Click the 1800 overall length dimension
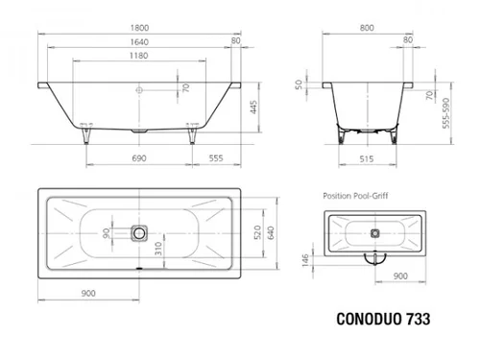[139, 28]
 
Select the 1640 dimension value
[139, 42]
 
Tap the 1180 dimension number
[138, 56]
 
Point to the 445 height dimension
[253, 108]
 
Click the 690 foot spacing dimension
[139, 158]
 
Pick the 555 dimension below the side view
[216, 158]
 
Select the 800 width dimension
[367, 28]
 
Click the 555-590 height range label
[445, 113]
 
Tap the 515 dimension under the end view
[367, 159]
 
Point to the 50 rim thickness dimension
[299, 84]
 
